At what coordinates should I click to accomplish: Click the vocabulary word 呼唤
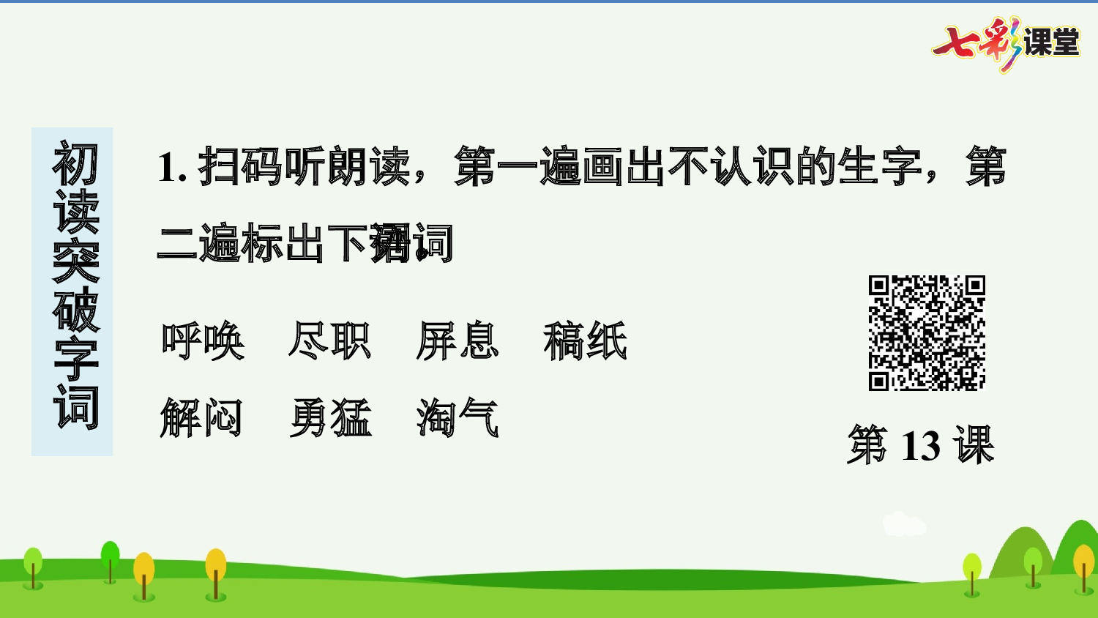pos(203,341)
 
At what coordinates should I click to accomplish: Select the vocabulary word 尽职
pos(330,341)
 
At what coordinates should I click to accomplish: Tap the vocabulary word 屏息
pos(457,341)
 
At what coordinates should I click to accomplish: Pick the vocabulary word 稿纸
pos(585,341)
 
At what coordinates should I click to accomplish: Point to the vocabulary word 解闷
pos(201,418)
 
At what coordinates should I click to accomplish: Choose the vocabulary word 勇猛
pos(330,418)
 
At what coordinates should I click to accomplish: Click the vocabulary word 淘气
pos(457,418)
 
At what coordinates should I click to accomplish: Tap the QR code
pos(927,333)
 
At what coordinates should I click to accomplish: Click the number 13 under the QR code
pos(920,445)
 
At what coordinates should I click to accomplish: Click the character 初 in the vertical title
pos(75,164)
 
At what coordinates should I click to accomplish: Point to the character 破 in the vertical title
pos(75,309)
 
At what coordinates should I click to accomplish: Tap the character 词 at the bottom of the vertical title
pos(75,406)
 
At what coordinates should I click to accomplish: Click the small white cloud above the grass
pos(904,524)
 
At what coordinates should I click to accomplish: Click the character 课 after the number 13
pos(974,445)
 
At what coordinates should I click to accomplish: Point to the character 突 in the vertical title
pos(75,261)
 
